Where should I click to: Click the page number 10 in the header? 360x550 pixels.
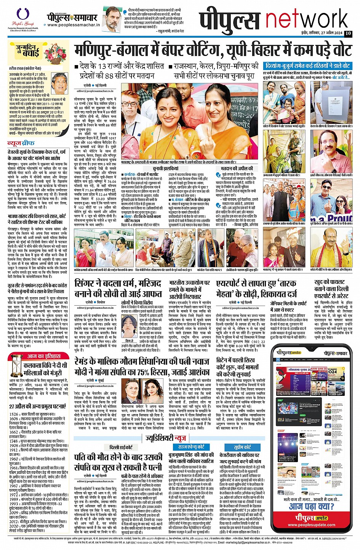pos(348,33)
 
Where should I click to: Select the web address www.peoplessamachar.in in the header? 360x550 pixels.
pos(73,25)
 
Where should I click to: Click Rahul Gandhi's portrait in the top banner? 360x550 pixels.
pos(113,19)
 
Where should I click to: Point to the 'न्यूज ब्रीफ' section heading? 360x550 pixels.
pos(22,143)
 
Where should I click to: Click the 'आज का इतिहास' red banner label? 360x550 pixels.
pos(43,356)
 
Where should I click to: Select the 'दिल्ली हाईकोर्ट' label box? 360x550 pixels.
pos(121,447)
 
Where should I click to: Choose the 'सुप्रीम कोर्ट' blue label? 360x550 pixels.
pos(242,447)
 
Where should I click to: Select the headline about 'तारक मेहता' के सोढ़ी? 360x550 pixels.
pos(262,289)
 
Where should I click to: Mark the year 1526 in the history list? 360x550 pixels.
pos(14,414)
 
